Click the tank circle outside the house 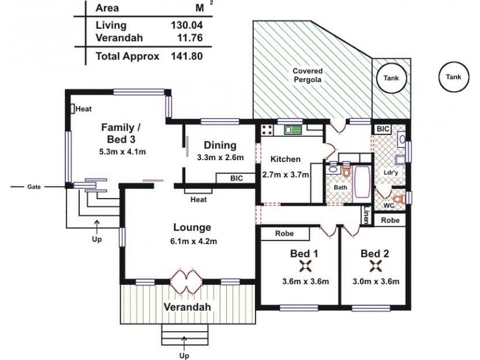point(454,77)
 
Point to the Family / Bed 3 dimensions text point(122,151)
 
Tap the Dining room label point(220,145)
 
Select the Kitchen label point(285,159)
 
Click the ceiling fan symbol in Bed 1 point(307,266)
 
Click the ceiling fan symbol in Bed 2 point(376,266)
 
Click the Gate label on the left point(34,187)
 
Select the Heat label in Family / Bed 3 point(83,109)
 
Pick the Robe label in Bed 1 point(284,233)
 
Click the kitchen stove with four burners point(268,129)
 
